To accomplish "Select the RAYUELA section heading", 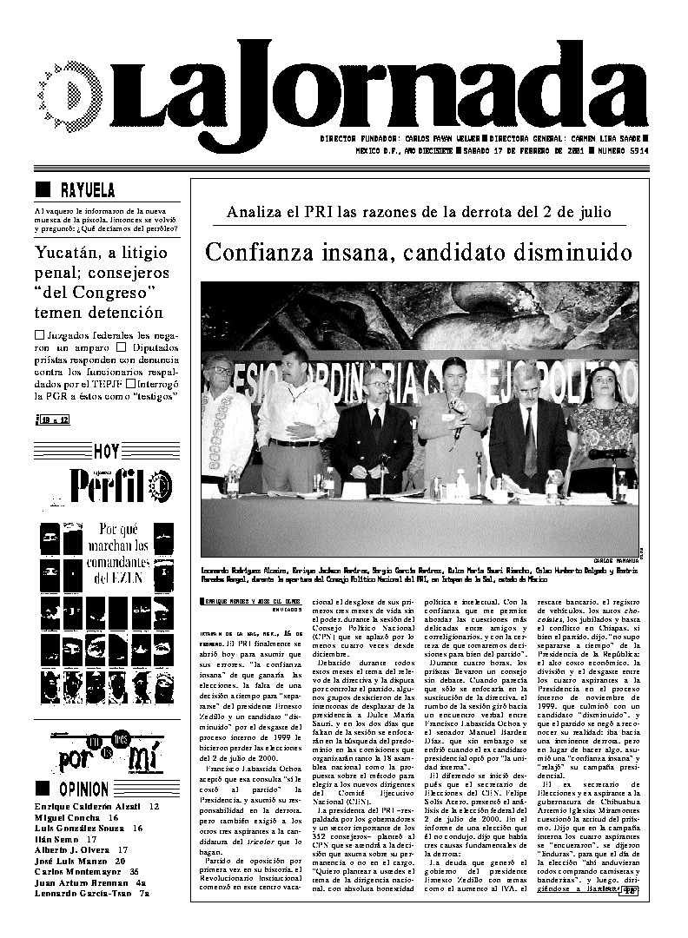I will pyautogui.click(x=87, y=190).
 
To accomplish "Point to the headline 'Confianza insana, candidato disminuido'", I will pyautogui.click(x=418, y=253).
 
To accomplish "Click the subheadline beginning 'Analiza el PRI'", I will pyautogui.click(x=418, y=212).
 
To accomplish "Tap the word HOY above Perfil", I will pyautogui.click(x=106, y=451).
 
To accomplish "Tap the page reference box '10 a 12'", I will pyautogui.click(x=53, y=420).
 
